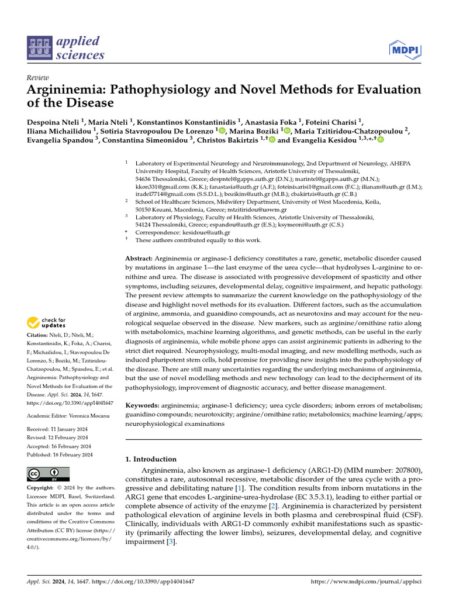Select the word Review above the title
point(38,78)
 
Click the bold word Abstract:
point(139,259)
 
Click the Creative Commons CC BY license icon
point(48,474)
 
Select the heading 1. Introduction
point(151,459)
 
